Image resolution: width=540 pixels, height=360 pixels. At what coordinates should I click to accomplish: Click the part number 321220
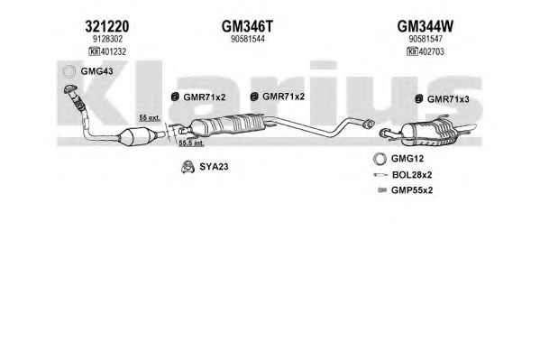coord(107,26)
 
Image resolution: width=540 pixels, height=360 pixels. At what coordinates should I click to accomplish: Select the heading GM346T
coord(247,26)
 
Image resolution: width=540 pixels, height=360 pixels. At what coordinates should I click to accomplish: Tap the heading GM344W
coord(426,26)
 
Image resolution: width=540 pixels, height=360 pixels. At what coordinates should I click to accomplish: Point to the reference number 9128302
coord(107,39)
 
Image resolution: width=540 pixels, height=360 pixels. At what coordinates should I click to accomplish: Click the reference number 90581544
coord(248,39)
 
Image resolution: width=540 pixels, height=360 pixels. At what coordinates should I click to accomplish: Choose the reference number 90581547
coord(426,39)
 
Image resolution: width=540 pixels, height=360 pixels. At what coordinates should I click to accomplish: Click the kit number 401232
coord(113,51)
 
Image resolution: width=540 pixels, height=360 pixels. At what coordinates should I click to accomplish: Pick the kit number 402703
coord(431,51)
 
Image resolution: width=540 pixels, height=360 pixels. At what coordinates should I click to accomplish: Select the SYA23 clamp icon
coord(188,167)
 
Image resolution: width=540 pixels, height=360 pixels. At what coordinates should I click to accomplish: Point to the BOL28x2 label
coord(412,175)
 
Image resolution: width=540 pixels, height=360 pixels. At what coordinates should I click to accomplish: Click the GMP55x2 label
coord(412,190)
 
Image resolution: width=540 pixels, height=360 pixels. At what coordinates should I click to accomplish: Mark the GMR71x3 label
coord(448,99)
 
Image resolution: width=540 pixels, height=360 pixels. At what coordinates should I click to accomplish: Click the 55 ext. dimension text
coord(150,117)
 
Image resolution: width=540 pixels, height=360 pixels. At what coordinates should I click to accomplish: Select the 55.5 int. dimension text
coord(191,143)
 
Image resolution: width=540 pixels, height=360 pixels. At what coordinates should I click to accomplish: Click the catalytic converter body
coord(136,136)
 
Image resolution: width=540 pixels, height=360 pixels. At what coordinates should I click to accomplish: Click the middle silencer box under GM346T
coord(227,125)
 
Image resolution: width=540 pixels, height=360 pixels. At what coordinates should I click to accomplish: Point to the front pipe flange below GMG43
coord(70,89)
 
